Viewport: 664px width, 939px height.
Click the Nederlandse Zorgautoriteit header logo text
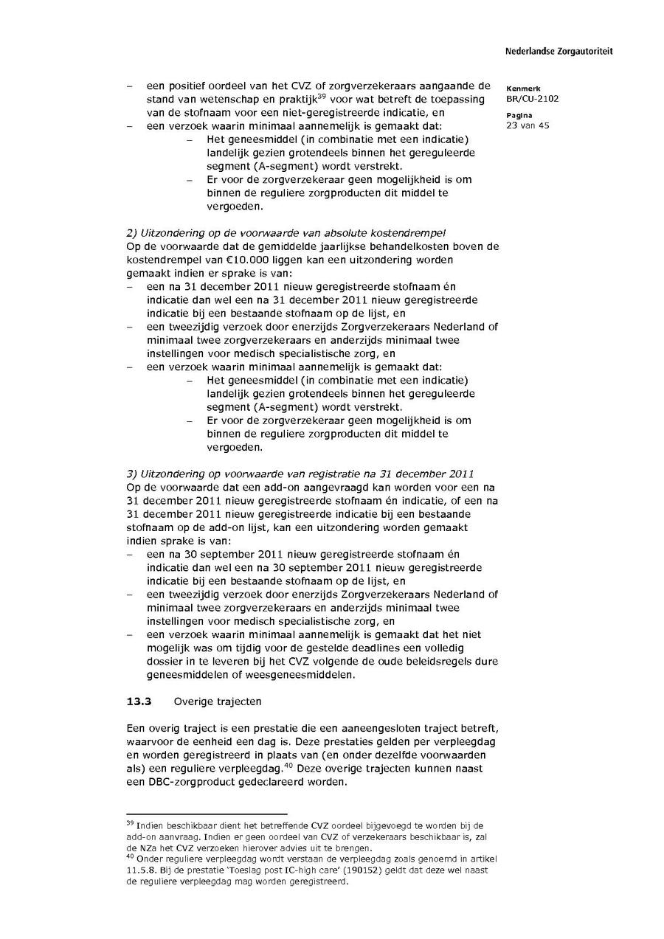[x=558, y=52]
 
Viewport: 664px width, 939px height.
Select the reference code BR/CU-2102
[x=532, y=99]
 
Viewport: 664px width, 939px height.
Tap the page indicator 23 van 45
[x=528, y=125]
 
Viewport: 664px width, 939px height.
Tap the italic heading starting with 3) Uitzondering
[x=300, y=474]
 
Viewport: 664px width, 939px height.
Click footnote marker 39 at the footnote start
[x=130, y=822]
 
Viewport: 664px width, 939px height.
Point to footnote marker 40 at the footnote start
[x=130, y=858]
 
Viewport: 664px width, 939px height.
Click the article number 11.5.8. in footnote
[x=141, y=870]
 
